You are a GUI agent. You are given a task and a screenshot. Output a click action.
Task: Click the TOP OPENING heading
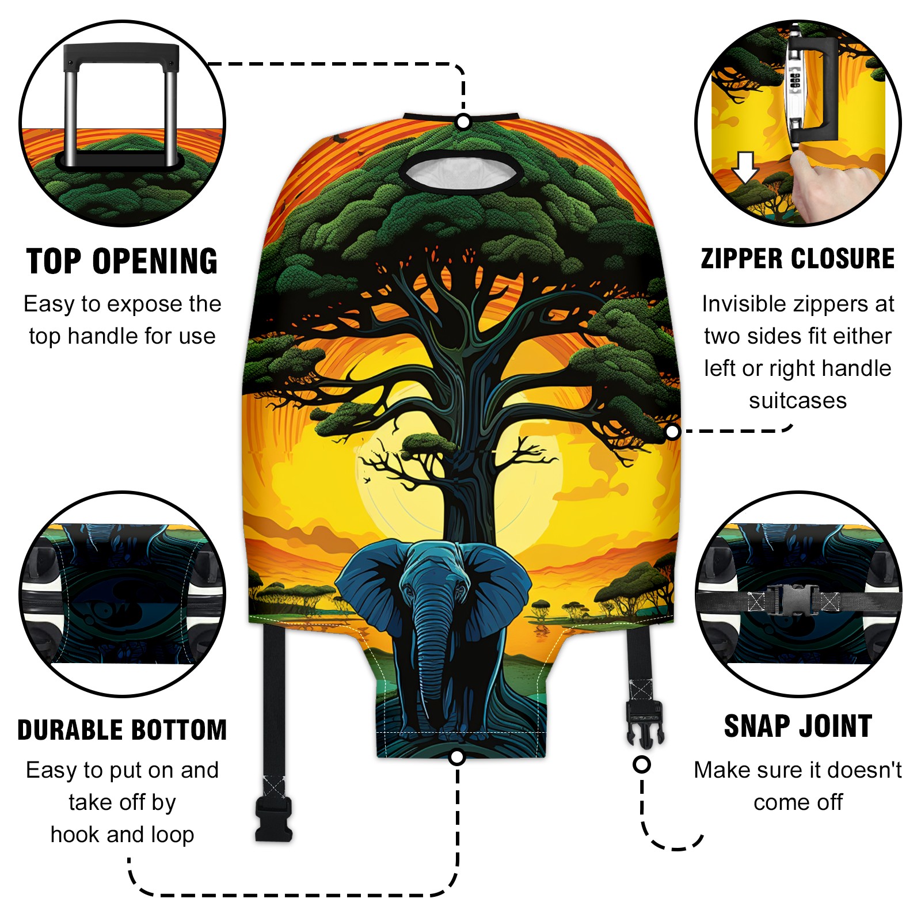coord(122,261)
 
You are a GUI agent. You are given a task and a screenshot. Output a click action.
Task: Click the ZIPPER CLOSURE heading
coord(798,258)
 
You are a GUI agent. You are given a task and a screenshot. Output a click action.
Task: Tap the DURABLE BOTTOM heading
coord(122,730)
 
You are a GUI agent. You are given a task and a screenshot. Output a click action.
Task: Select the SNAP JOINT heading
coord(798,726)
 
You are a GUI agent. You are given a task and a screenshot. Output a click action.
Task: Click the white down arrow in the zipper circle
coord(745,167)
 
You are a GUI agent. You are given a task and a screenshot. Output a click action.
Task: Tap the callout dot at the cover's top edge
coord(463,122)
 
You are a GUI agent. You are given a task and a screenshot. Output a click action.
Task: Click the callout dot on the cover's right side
coord(672,432)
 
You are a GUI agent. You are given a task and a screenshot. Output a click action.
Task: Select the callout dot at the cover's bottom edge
coord(457,757)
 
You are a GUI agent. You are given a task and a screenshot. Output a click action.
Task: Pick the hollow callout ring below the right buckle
coord(642,764)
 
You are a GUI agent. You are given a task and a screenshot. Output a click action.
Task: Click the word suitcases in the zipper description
coord(798,401)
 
